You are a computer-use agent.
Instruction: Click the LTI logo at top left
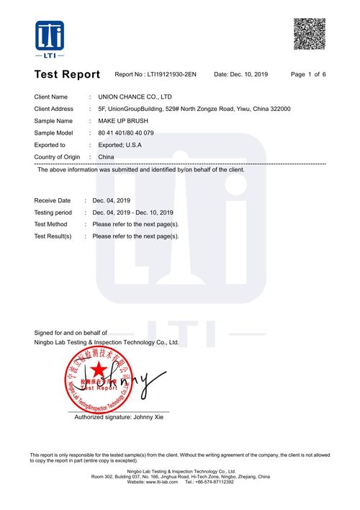click(50, 39)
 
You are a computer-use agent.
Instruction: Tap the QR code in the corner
click(309, 35)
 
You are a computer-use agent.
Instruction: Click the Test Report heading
click(67, 74)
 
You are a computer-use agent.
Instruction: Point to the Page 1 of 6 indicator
click(308, 74)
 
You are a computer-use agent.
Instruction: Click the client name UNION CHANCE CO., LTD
click(135, 97)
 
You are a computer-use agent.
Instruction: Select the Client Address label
click(55, 109)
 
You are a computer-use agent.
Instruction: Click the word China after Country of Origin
click(106, 156)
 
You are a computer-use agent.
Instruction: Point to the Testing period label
click(53, 212)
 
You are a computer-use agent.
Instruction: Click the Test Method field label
click(51, 224)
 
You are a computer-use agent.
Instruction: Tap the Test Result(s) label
click(53, 236)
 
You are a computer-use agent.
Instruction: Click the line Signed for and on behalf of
click(71, 332)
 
